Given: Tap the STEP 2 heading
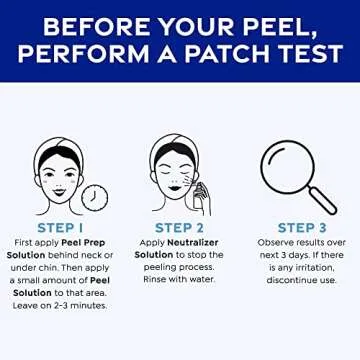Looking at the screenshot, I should [x=180, y=227].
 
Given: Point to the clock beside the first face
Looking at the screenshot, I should [x=96, y=197].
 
